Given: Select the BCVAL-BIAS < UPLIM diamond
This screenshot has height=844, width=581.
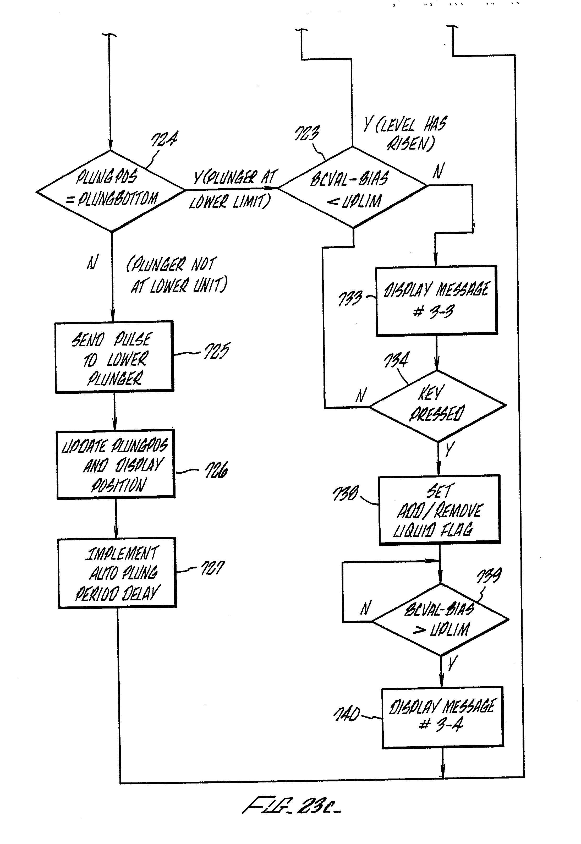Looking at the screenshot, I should tap(352, 188).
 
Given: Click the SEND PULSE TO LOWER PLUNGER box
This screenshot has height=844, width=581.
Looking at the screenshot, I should tap(114, 357).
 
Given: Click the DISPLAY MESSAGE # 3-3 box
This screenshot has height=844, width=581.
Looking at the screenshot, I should tap(436, 300).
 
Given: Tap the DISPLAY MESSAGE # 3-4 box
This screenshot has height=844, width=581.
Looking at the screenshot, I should tap(442, 717).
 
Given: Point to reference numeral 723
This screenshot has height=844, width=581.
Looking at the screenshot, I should tap(307, 133).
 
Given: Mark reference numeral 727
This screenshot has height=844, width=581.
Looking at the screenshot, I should tap(213, 568).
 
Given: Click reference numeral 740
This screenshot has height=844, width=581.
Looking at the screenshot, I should tap(347, 714).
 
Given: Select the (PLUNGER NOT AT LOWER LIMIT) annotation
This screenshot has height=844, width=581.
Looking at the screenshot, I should tap(177, 275).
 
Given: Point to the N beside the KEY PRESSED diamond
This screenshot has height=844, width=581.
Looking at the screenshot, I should tap(361, 395).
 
